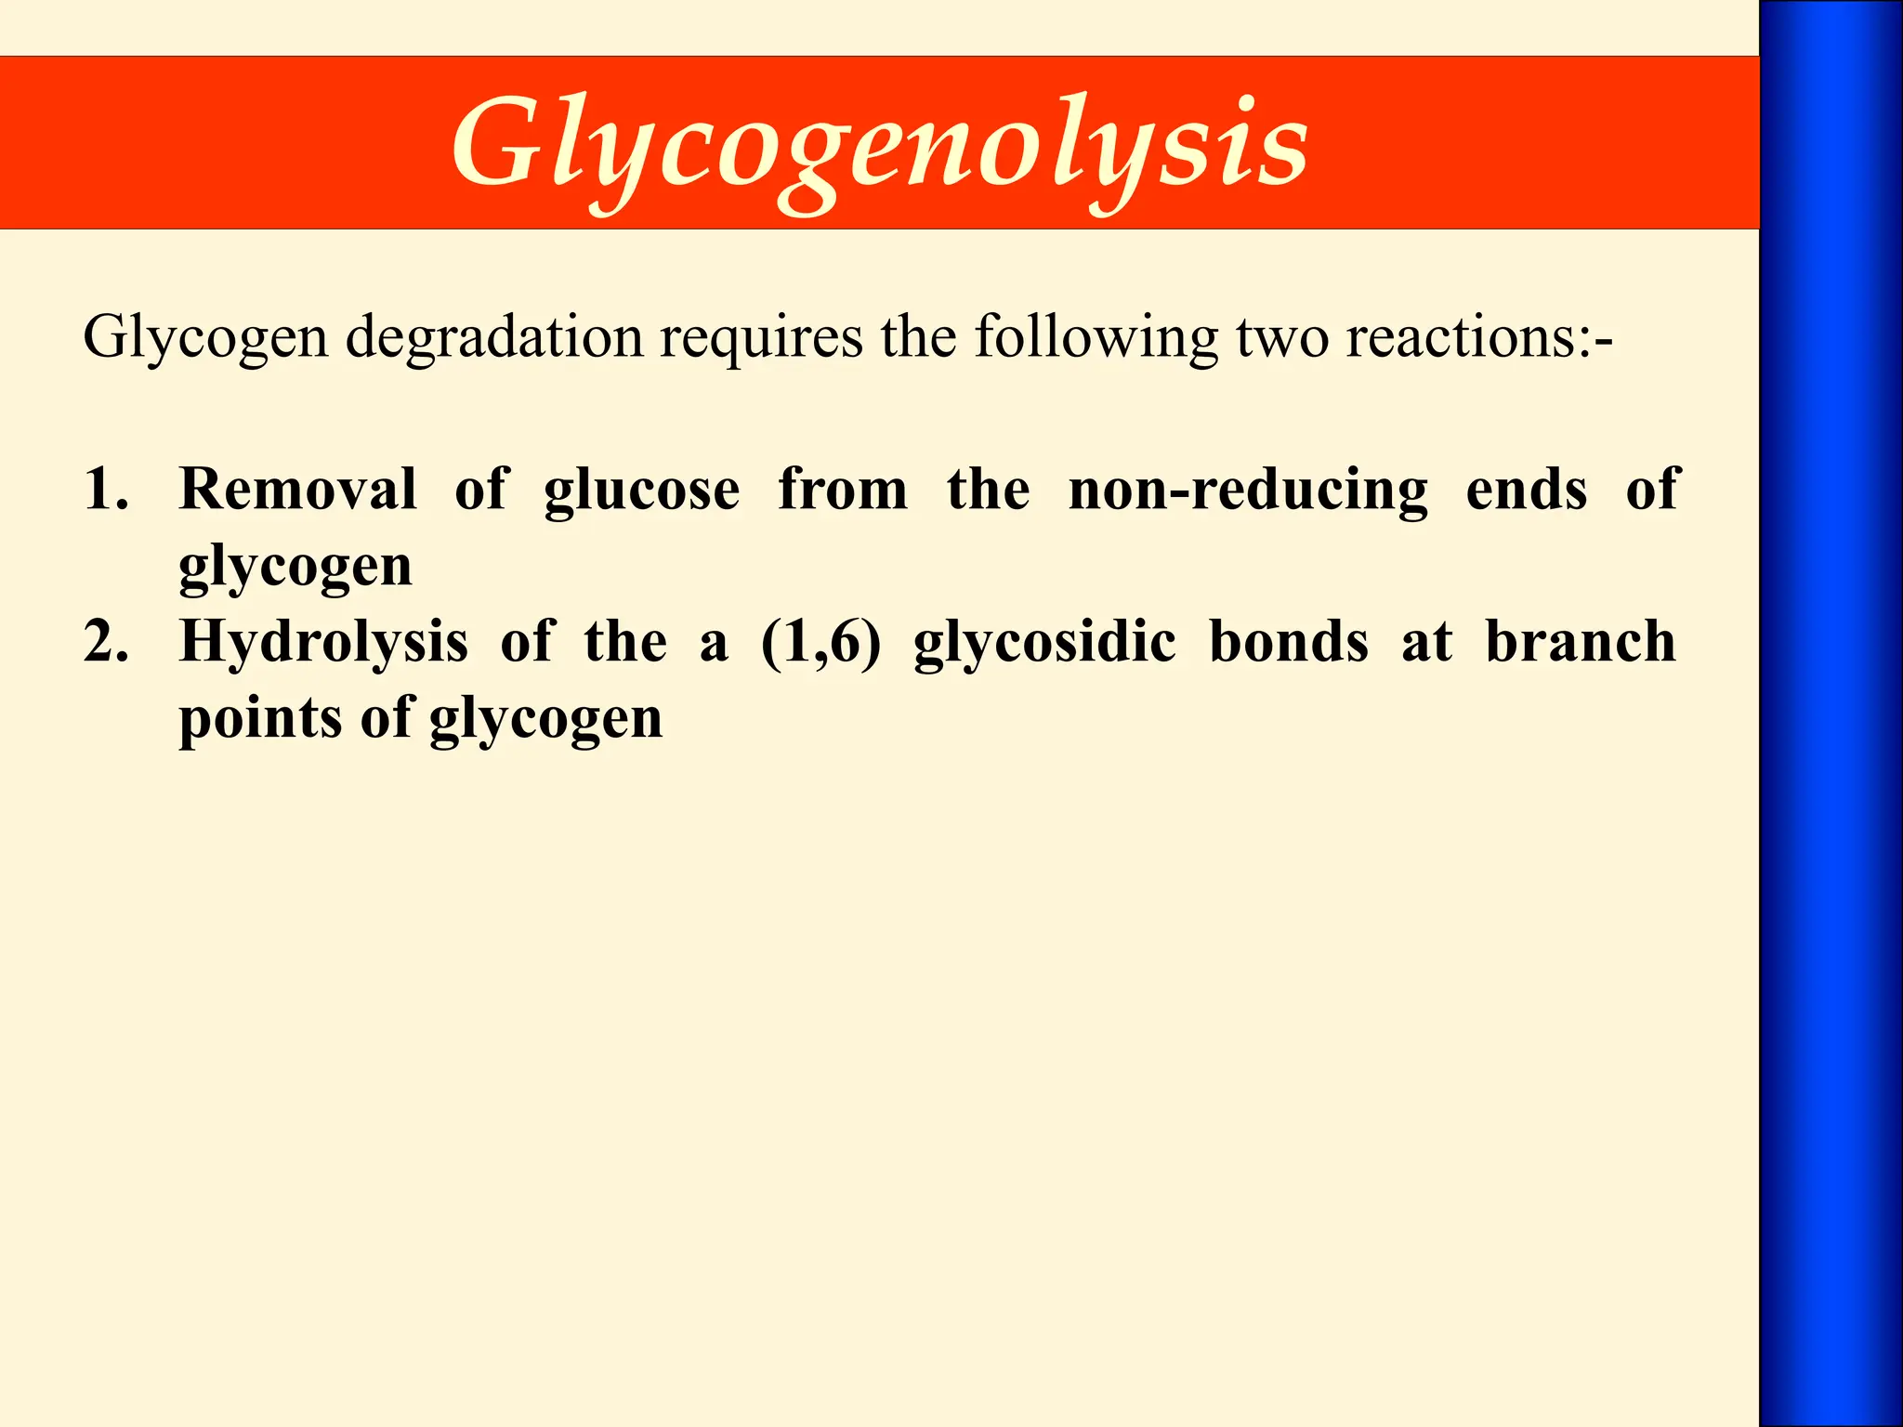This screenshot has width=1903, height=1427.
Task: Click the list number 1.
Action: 105,489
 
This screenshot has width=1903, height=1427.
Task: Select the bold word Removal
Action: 297,489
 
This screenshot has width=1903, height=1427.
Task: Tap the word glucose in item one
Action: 642,491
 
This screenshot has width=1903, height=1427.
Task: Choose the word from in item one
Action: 843,489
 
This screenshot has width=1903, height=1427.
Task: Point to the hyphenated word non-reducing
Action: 1248,491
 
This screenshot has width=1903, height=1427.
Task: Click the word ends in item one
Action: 1526,489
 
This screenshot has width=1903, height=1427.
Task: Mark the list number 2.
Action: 105,641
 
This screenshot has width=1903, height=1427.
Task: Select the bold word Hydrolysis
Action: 323,643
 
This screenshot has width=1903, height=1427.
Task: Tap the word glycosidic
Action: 1044,643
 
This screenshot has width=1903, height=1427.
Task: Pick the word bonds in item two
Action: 1289,641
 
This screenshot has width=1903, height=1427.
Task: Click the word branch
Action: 1581,641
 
